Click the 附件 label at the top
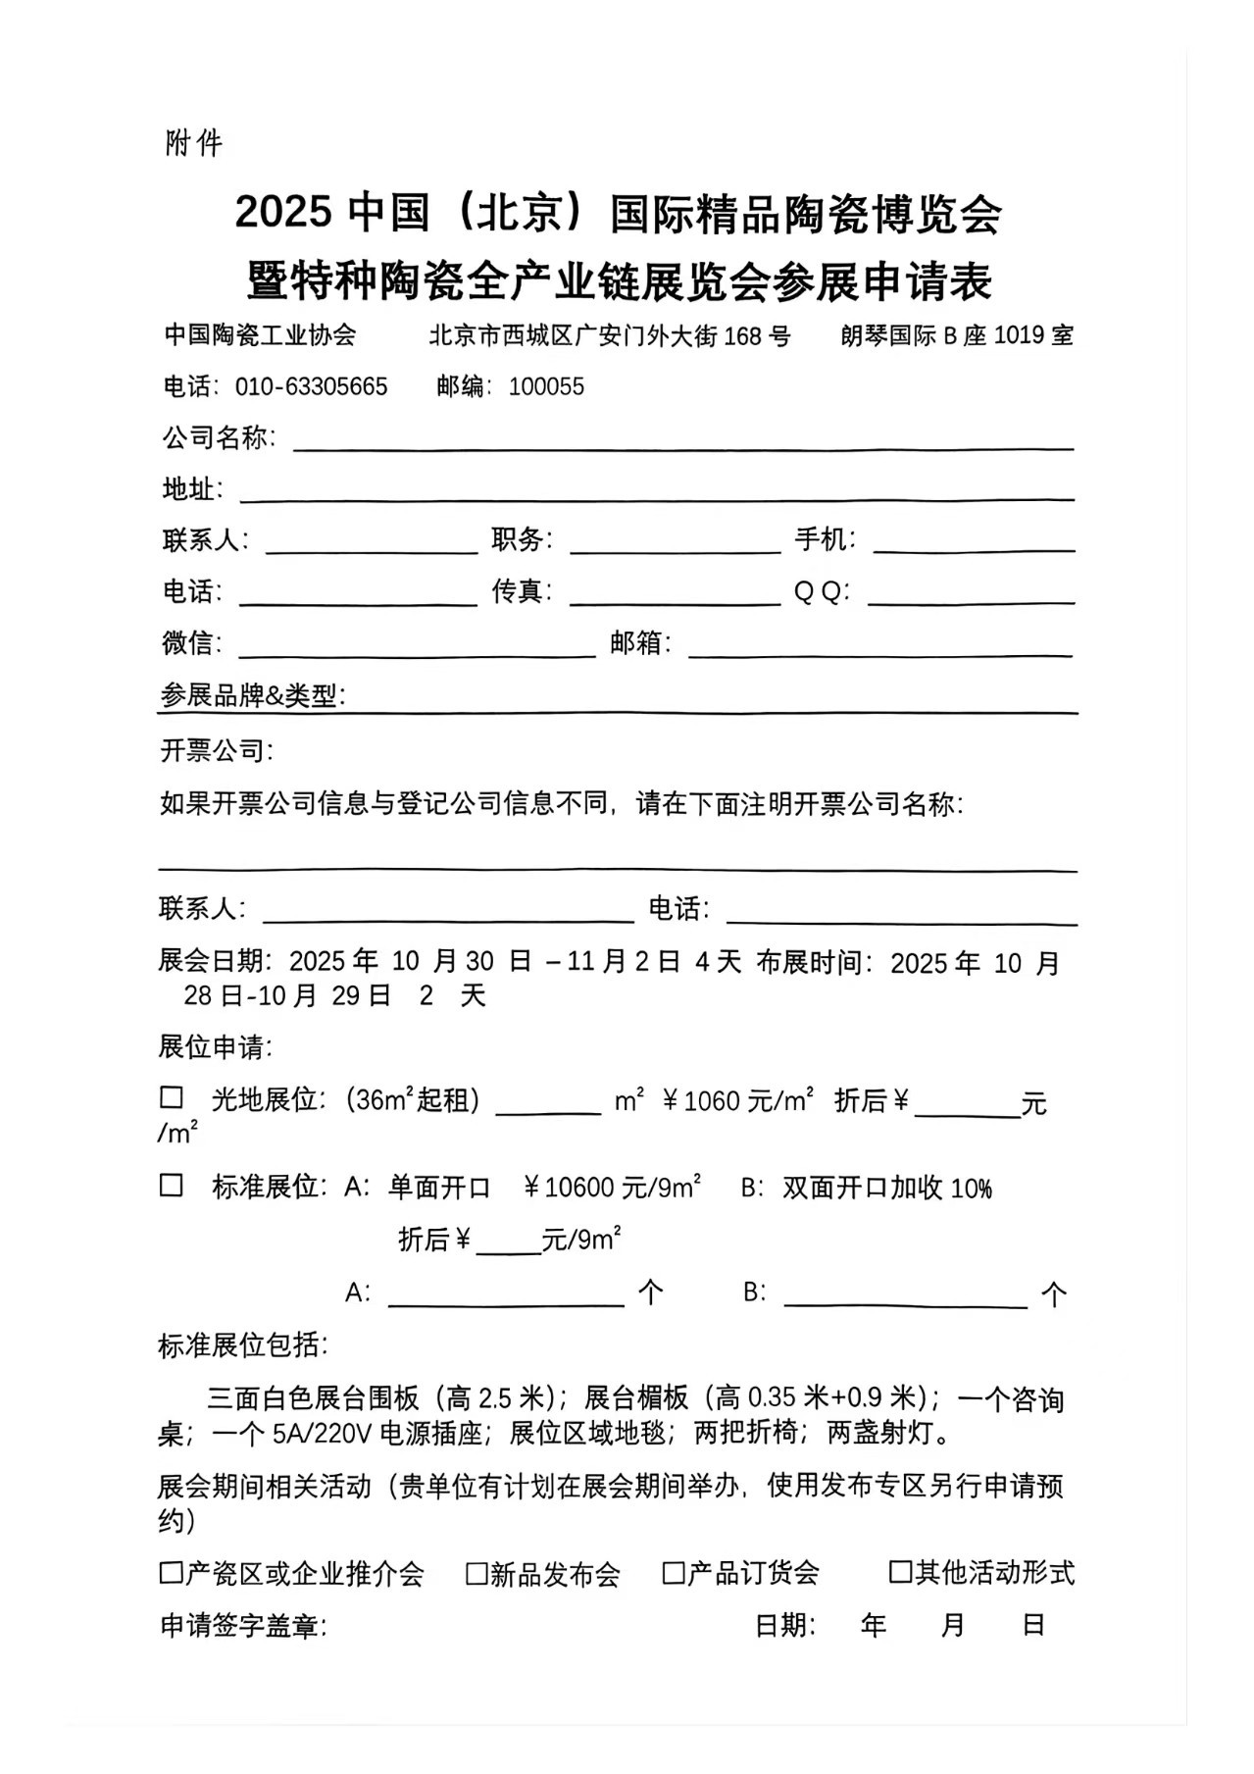(x=194, y=143)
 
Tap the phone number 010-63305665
(x=311, y=386)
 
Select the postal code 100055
(x=546, y=386)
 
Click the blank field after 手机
(x=973, y=543)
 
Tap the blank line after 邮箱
(x=879, y=647)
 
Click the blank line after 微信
(x=417, y=647)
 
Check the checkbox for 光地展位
(x=172, y=1097)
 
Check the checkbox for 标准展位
(x=172, y=1185)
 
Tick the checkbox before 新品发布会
(x=477, y=1573)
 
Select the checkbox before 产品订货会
(x=674, y=1573)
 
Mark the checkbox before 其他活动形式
(x=900, y=1572)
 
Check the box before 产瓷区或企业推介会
(x=172, y=1573)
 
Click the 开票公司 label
(x=217, y=751)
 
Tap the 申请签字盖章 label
(x=242, y=1626)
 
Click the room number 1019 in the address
(x=1019, y=335)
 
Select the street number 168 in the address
(x=743, y=336)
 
